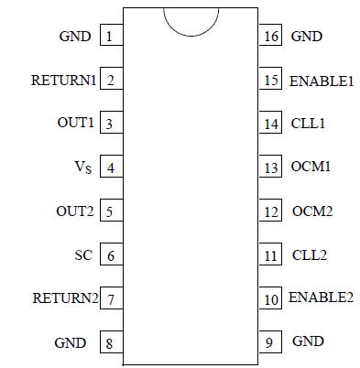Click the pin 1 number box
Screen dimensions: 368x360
pos(110,37)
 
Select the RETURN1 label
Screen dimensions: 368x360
pos(63,81)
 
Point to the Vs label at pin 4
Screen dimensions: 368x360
pos(82,168)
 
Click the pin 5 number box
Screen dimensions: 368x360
pos(110,211)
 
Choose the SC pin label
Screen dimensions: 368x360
pos(82,254)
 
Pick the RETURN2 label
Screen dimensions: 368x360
pos(64,298)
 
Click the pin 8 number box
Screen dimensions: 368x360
pos(110,343)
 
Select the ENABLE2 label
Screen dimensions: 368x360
pos(321,298)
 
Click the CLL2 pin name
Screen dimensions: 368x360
pos(309,254)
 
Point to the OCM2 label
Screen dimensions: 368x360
pos(311,211)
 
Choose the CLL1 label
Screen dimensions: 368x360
pos(309,124)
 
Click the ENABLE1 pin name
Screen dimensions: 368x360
pos(321,81)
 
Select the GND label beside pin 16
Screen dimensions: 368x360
pos(307,37)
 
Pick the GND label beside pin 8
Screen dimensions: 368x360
pos(72,343)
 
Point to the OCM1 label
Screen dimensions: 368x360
pos(311,168)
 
